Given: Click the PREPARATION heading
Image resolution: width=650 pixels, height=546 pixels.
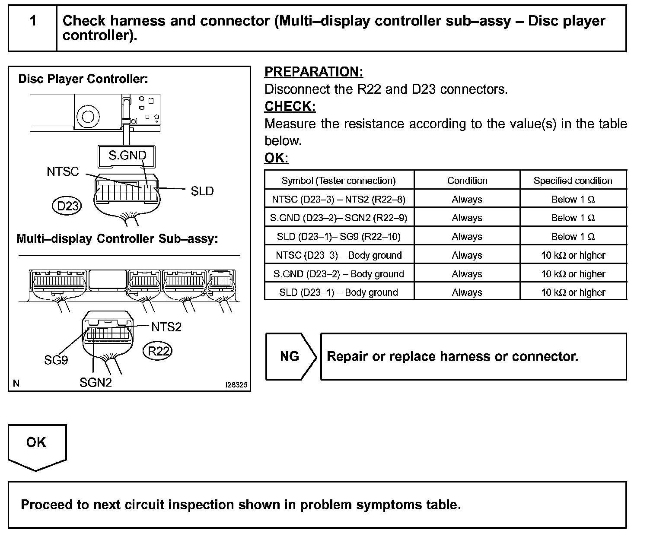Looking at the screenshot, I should (x=313, y=72).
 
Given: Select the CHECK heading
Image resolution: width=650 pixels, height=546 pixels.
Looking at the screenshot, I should (x=290, y=106).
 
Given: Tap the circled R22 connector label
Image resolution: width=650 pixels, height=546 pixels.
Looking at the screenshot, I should (x=158, y=351).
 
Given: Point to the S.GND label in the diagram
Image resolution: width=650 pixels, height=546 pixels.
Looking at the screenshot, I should (x=127, y=156).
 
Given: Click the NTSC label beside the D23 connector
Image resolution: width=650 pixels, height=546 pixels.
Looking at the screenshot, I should (x=63, y=171).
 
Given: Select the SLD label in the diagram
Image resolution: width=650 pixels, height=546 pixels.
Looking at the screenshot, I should (x=202, y=191).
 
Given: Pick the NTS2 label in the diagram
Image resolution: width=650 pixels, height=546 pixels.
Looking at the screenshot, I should (x=166, y=327).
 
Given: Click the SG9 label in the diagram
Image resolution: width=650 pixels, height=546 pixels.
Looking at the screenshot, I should (x=56, y=360).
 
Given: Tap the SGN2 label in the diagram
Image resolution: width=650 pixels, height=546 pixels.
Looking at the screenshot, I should (x=96, y=382).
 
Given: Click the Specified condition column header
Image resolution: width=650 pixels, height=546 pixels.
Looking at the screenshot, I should (x=573, y=181).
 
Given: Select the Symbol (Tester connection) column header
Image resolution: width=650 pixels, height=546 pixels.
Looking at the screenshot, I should (x=338, y=181).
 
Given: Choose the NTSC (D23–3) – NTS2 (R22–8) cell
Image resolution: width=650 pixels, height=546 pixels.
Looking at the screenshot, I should (x=338, y=199).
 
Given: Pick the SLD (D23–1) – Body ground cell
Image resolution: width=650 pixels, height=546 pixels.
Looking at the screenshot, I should (x=338, y=292).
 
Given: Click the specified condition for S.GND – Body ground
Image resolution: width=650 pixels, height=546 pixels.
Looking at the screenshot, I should (x=573, y=274).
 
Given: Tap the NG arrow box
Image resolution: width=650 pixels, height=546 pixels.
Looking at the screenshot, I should (x=290, y=356).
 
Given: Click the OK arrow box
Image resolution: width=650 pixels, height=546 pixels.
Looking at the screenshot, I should (x=37, y=445).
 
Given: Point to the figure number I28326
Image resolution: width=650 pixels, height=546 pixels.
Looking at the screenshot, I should (x=236, y=384).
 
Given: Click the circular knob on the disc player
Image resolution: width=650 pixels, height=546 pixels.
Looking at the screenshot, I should (x=88, y=116).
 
